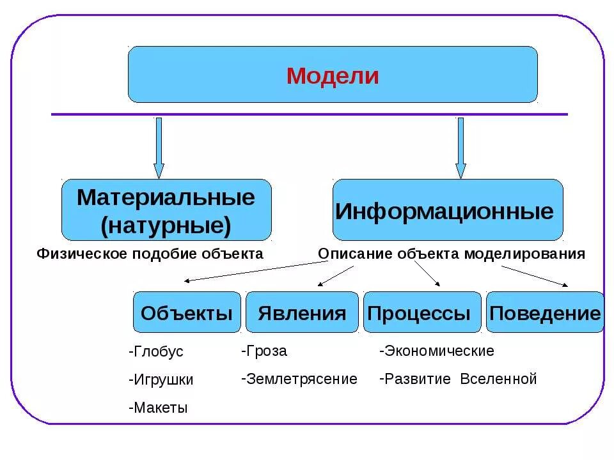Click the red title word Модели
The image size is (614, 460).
click(333, 76)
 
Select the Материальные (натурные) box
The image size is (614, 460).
click(166, 210)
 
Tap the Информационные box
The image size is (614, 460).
click(448, 210)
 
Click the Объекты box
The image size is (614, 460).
click(187, 312)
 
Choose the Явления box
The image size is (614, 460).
click(302, 312)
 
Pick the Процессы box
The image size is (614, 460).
click(421, 312)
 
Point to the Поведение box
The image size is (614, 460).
click(544, 312)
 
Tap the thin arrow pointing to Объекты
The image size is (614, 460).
click(249, 272)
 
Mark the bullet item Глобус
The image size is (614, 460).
click(156, 352)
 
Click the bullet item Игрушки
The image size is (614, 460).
click(161, 379)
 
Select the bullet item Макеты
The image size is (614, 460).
click(158, 408)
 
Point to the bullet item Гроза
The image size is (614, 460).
click(265, 351)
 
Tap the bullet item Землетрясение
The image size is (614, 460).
click(300, 379)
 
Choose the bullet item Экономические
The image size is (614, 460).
click(437, 351)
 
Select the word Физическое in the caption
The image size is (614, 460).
click(81, 254)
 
